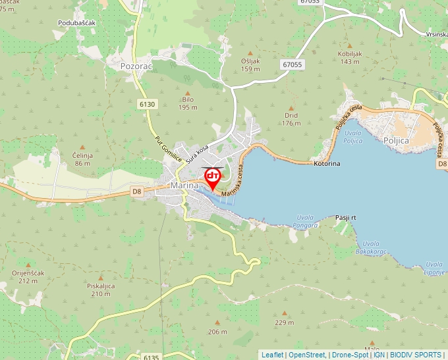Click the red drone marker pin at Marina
coord(213,178)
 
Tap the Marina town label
coord(184,186)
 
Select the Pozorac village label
coord(137,66)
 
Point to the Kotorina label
coord(327,163)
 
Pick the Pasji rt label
coord(345,217)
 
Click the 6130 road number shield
coord(148,104)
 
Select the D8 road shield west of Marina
coord(137,192)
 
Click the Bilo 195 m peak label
coord(188,103)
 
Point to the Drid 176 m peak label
coord(291,118)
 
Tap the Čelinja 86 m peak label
coord(82,159)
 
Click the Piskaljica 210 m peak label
coord(100,290)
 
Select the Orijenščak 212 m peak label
coord(28,276)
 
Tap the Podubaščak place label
coord(77,23)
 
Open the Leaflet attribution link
coord(272,355)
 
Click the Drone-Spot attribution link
coord(350,355)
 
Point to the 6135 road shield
coord(151,357)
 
